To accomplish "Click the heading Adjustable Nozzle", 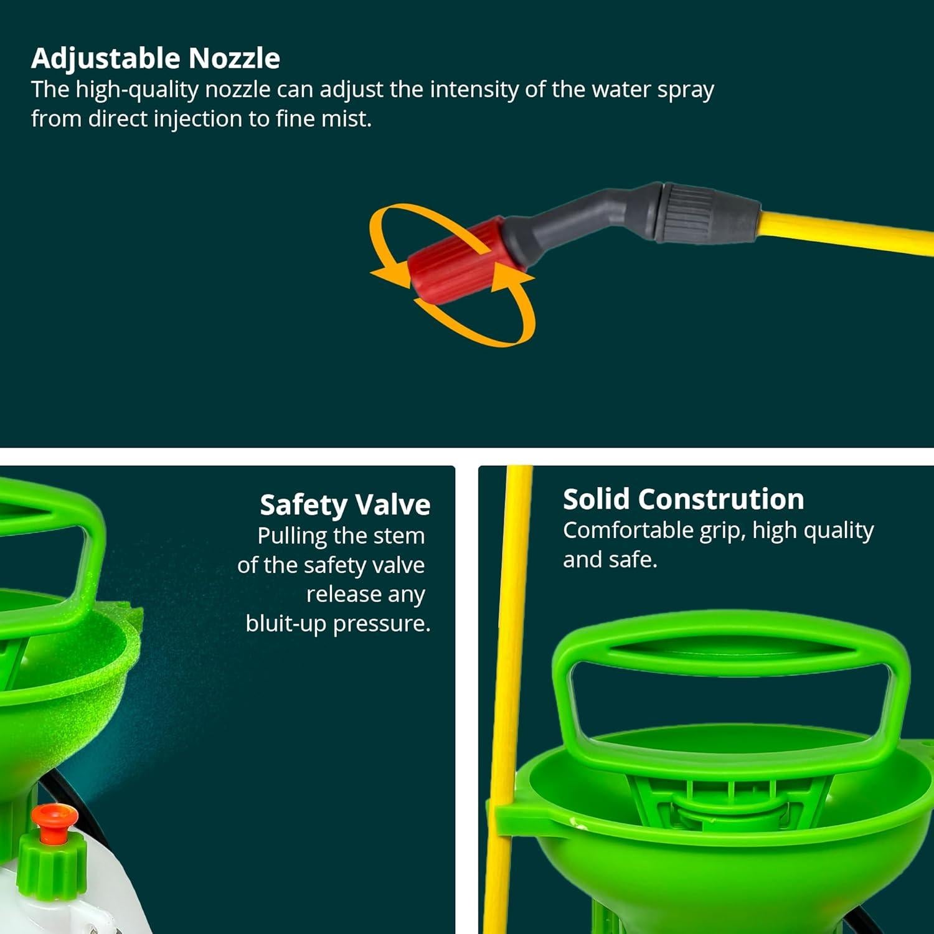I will [x=155, y=59].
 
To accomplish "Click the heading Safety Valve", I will [x=345, y=505].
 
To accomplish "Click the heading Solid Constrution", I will [x=683, y=499].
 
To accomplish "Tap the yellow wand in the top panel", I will [x=847, y=232].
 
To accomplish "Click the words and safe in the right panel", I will [x=610, y=560].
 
